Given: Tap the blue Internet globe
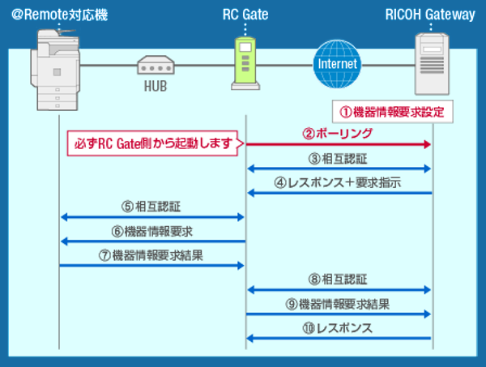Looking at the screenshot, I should click(337, 62).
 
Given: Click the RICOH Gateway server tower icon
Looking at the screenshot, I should click(430, 64).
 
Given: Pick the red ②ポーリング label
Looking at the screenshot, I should click(339, 133).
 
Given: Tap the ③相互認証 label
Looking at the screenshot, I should click(339, 158).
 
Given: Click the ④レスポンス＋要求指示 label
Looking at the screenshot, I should click(339, 183).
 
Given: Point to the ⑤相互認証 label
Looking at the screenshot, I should click(152, 207).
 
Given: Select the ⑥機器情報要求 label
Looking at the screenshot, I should click(152, 232).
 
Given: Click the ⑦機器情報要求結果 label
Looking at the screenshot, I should click(152, 256).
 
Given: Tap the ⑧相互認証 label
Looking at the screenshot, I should click(339, 280).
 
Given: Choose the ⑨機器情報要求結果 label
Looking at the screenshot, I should click(339, 304).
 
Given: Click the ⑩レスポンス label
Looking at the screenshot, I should click(339, 328).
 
